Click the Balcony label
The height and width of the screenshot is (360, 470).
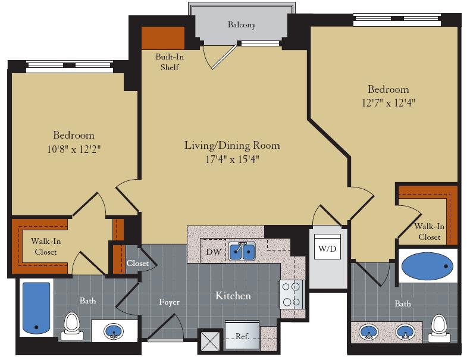(242, 25)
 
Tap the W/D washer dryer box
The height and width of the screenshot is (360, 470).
(327, 248)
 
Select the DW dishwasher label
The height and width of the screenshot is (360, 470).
(214, 252)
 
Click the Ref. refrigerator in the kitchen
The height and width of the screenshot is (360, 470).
(242, 336)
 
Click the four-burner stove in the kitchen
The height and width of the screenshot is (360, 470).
(292, 294)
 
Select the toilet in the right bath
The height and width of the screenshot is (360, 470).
(439, 326)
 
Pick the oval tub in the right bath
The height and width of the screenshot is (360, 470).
(427, 266)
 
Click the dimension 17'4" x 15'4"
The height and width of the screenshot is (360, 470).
(232, 159)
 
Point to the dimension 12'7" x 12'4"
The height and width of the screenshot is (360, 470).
(388, 102)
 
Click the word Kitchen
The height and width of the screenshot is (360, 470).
(233, 296)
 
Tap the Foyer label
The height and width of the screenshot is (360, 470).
(169, 302)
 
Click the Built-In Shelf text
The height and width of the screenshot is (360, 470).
(167, 62)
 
